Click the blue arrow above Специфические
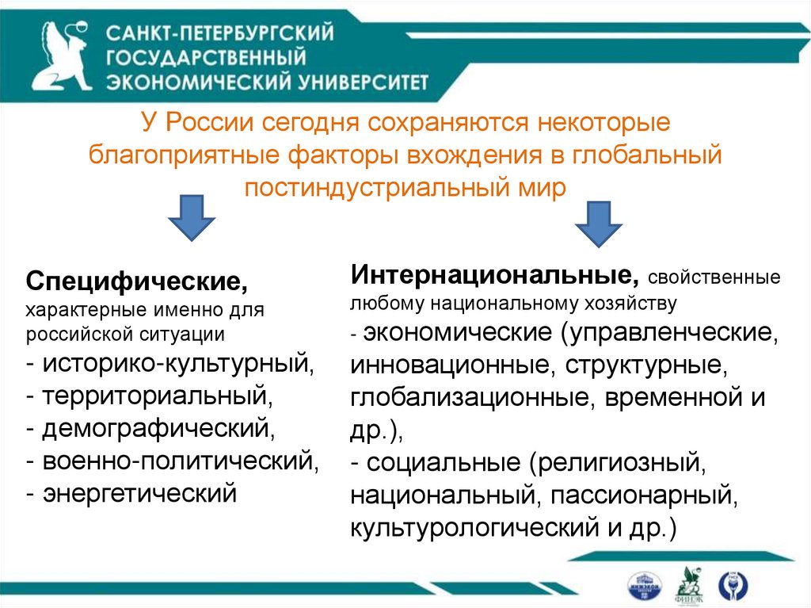(x=190, y=217)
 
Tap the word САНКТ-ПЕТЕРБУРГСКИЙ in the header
(x=220, y=34)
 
